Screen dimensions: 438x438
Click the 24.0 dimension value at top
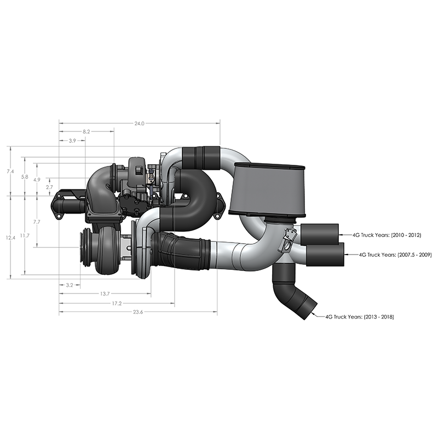pos(139,124)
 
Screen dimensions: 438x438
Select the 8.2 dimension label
pos(86,132)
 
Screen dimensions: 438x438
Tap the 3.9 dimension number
pos(72,141)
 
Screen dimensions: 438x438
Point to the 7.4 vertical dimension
pos(10,171)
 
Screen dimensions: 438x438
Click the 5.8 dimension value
pos(24,176)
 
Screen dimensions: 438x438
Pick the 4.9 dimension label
pos(36,180)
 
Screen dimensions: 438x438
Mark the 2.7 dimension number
pos(49,187)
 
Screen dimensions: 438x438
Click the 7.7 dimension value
pos(36,222)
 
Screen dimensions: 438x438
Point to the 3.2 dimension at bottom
pos(70,285)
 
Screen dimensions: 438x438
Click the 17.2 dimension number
pos(116,303)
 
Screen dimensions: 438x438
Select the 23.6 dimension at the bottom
pos(137,312)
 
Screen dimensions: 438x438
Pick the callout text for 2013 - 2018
pos(360,316)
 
